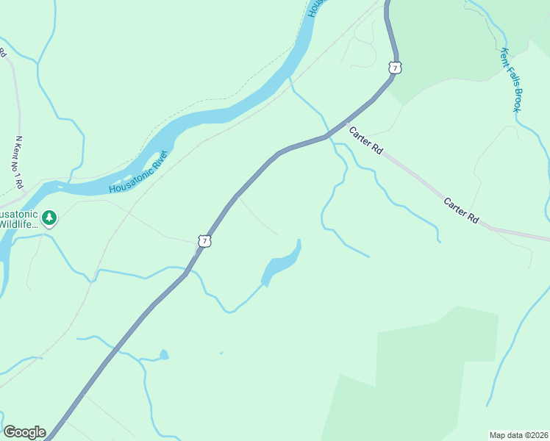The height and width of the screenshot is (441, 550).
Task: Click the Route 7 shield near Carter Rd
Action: (x=396, y=68)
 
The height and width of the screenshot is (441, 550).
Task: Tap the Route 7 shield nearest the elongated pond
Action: (x=204, y=240)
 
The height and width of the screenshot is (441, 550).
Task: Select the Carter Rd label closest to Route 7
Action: (x=366, y=140)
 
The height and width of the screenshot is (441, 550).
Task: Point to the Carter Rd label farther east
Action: (x=462, y=210)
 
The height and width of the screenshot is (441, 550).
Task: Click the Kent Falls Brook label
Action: (x=510, y=80)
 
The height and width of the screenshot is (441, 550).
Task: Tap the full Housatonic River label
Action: (x=139, y=172)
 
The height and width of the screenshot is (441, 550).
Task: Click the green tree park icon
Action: (x=49, y=218)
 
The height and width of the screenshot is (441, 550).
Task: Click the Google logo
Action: (x=24, y=432)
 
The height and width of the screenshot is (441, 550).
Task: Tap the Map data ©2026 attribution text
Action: (x=518, y=434)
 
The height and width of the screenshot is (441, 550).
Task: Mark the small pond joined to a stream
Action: (x=163, y=355)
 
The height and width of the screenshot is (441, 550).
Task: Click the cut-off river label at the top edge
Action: (x=315, y=9)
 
